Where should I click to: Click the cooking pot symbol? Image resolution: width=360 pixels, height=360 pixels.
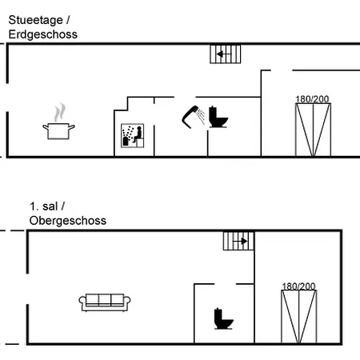58,131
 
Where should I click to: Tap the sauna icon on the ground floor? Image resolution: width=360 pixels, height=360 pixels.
133,135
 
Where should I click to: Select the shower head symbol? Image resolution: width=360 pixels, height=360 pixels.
194,117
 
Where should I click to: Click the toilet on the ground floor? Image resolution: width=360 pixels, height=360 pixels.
218,117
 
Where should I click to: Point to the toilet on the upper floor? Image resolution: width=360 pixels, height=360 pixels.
223,318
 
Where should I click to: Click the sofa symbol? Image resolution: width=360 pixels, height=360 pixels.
105,302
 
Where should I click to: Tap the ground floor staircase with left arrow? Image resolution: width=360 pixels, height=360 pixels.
226,54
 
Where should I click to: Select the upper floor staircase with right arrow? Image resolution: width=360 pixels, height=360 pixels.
238,241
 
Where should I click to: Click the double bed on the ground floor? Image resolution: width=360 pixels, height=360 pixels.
313,130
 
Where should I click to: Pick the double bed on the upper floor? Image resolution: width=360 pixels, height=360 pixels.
299,317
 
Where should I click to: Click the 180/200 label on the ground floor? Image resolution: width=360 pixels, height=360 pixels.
312,99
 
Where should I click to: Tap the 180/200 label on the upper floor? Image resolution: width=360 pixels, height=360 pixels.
298,286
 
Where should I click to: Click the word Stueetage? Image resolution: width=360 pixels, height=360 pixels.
36,20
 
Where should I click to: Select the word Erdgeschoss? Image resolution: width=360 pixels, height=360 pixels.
43,34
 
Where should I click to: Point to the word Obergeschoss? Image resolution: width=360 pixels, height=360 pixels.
68,221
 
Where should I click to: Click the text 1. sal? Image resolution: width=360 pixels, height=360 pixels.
44,206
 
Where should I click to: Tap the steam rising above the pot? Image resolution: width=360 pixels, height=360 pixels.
60,113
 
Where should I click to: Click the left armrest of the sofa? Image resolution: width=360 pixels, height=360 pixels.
82,301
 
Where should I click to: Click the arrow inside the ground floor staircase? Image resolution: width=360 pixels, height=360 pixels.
223,54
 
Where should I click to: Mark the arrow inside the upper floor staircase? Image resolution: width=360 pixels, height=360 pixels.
240,242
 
